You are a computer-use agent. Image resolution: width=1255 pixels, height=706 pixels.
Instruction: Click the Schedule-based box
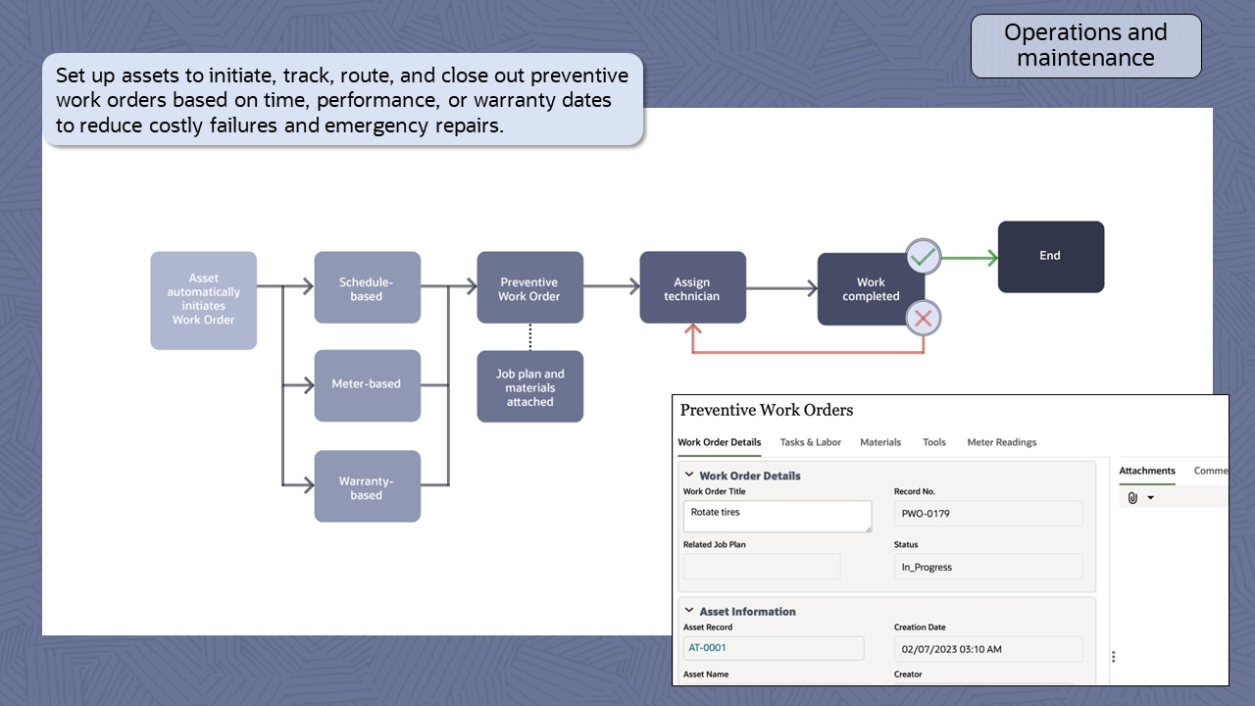pos(367,287)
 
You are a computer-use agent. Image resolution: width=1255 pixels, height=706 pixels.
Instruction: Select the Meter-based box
pos(367,384)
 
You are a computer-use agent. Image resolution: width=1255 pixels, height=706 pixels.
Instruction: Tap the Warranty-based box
pos(367,486)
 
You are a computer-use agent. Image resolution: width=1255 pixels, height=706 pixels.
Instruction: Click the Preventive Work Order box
pos(529,287)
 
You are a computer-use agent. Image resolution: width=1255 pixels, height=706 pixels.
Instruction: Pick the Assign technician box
pos(692,287)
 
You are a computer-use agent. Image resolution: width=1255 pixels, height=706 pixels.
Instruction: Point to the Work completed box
pos(870,288)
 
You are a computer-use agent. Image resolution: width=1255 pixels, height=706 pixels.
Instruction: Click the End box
pos(1050,256)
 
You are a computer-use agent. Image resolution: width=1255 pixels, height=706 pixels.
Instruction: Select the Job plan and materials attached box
pos(529,386)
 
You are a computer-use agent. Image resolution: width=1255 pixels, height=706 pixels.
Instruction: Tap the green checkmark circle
pos(923,258)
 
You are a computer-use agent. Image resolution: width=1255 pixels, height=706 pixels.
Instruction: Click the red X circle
pos(923,318)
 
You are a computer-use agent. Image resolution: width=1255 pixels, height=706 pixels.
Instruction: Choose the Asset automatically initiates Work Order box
pos(203,300)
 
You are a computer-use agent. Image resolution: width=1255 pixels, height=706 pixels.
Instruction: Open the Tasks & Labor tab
pos(810,442)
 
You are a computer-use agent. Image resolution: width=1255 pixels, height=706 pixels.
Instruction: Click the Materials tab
pos(879,442)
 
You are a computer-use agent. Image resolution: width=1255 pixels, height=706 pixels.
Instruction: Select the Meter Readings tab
pos(1001,442)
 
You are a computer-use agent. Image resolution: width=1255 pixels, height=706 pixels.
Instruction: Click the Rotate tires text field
pos(777,516)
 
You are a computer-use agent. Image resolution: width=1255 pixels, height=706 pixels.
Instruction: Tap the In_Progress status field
pos(987,567)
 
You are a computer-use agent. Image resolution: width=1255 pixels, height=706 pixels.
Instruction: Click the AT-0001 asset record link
pos(708,648)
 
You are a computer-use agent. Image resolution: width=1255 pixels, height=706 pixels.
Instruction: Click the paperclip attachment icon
pos(1132,498)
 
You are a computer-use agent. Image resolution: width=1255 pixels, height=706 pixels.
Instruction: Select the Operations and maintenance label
pos(1085,45)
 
